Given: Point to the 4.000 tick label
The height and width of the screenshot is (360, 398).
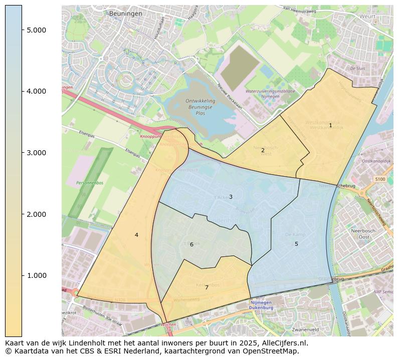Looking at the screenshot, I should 37,91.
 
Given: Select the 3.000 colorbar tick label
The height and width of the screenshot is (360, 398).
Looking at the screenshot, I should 37,153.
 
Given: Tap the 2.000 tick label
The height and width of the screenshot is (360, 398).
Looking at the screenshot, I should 37,214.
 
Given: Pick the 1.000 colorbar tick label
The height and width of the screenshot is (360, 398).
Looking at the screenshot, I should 37,276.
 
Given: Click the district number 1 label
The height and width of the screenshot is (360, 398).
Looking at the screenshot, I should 330,125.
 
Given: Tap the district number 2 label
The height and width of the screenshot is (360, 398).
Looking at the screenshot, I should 263,150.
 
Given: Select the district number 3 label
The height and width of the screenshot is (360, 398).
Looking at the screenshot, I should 231,197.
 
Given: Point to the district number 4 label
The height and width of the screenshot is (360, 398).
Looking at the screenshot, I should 136,235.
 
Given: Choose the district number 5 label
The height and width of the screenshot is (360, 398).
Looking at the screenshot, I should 296,244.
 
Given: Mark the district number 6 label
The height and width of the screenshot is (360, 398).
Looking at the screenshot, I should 191,244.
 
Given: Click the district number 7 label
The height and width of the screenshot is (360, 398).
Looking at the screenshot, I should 207,287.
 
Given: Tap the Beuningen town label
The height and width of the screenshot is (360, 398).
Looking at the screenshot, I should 125,14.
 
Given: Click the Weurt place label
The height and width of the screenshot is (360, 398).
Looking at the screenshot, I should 367,17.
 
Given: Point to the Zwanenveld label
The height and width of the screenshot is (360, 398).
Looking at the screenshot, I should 305,330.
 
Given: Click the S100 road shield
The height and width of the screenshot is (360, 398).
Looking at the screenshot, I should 380,179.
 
